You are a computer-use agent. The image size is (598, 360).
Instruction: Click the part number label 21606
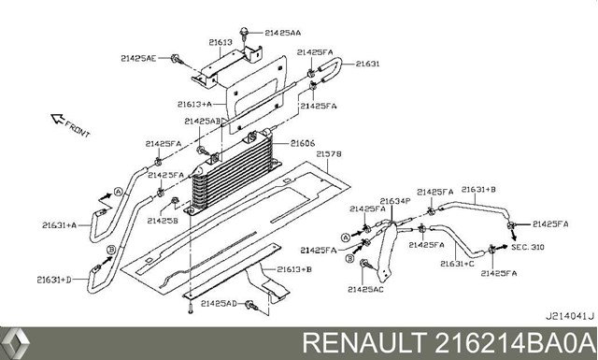(303, 144)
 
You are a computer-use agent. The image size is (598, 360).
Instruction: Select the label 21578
(329, 154)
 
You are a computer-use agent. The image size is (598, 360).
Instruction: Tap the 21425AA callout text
(282, 33)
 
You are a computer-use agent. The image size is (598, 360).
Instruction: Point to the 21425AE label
(138, 58)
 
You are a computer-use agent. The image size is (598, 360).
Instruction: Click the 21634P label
(394, 201)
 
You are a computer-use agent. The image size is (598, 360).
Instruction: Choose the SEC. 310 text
(527, 247)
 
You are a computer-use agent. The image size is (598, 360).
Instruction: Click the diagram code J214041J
(569, 316)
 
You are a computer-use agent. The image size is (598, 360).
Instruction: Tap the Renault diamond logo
(15, 343)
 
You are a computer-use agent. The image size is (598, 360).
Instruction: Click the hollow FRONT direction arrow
(57, 119)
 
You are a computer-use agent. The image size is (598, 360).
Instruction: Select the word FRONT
(78, 129)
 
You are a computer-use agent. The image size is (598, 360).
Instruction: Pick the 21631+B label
(478, 190)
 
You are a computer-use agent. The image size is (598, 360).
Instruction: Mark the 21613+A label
(194, 104)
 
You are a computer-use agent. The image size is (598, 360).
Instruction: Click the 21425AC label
(365, 290)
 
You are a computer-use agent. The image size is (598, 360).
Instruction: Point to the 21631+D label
(54, 280)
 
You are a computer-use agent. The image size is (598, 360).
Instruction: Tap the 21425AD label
(219, 304)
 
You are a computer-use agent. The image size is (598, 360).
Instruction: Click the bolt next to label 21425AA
(243, 34)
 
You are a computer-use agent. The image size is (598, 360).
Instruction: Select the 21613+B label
(294, 269)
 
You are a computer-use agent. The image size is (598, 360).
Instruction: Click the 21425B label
(163, 221)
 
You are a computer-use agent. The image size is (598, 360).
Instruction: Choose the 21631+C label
(457, 264)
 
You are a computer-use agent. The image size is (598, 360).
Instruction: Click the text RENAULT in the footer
(364, 343)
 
